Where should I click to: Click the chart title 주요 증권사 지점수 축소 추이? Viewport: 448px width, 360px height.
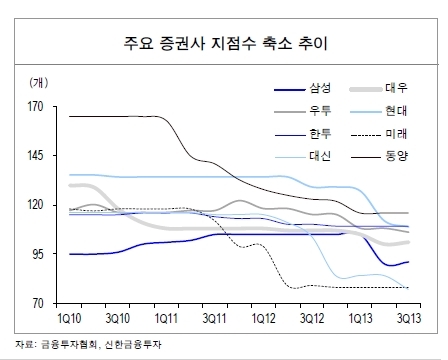click(x=226, y=43)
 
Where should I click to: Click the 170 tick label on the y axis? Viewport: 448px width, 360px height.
click(x=36, y=107)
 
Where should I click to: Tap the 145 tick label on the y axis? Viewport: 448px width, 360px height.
click(x=36, y=155)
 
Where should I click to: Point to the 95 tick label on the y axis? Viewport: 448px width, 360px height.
click(x=38, y=254)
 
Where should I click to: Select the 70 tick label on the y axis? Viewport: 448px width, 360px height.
click(x=38, y=303)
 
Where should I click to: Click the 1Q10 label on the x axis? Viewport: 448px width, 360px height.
click(x=69, y=319)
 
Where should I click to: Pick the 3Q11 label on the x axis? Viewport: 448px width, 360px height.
click(x=214, y=319)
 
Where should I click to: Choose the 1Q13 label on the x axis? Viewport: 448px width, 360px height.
click(x=360, y=319)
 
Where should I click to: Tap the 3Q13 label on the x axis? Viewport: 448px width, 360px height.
click(x=409, y=319)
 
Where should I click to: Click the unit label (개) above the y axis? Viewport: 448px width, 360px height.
click(x=39, y=83)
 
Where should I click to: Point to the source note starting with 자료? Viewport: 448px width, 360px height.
click(x=88, y=344)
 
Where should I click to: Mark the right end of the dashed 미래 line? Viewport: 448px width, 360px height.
click(x=409, y=287)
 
